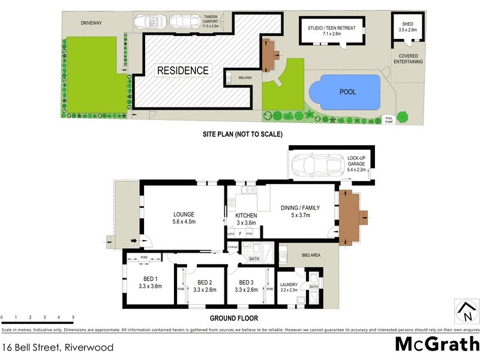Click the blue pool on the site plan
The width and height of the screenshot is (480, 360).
[x=344, y=91]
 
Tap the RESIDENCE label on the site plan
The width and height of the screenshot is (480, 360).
[x=183, y=71]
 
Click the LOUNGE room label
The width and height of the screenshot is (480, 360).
[x=184, y=214]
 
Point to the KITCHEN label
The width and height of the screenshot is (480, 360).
[x=246, y=215]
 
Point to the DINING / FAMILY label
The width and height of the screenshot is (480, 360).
[x=301, y=208]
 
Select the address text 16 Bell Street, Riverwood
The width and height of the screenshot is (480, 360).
[x=57, y=347]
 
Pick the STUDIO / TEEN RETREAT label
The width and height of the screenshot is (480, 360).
[x=332, y=28]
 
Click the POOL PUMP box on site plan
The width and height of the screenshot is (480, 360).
[x=388, y=119]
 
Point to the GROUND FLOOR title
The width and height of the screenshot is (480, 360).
[x=233, y=319]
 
